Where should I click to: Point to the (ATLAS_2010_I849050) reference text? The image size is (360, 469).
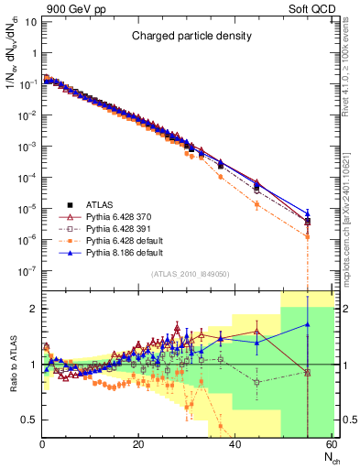coord(188,273)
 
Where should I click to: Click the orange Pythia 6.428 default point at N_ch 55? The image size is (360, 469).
coord(307,236)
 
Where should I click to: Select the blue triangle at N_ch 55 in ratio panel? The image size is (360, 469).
coord(307,324)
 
